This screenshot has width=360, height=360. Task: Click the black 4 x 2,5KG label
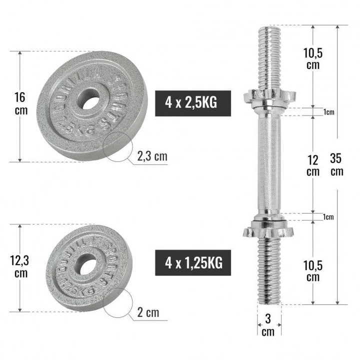(x=193, y=103)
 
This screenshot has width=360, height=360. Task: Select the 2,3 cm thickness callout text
(x=152, y=157)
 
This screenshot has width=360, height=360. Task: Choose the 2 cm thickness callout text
(x=148, y=313)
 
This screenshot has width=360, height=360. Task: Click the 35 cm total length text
(x=337, y=164)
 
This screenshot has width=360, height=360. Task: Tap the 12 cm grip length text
(x=313, y=165)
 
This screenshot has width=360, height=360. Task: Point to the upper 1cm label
(x=328, y=112)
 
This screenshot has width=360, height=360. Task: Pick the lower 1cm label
(x=328, y=217)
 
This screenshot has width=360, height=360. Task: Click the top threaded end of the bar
(x=269, y=55)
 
